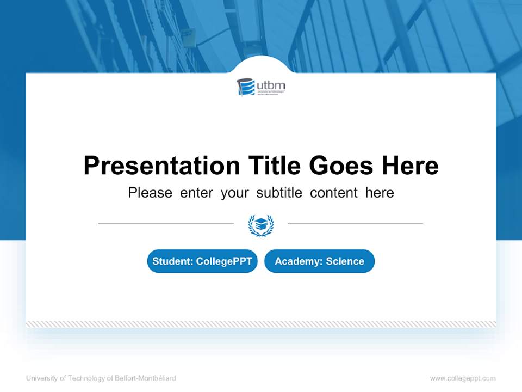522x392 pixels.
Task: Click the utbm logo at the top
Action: pyautogui.click(x=261, y=87)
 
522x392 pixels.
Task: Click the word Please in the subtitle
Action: pyautogui.click(x=150, y=193)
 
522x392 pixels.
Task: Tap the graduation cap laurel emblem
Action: pyautogui.click(x=261, y=225)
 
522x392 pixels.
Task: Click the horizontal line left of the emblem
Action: pyautogui.click(x=166, y=224)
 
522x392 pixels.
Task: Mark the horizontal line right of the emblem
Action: pyautogui.click(x=355, y=224)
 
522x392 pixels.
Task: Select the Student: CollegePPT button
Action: pyautogui.click(x=202, y=261)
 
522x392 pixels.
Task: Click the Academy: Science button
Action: pyautogui.click(x=319, y=261)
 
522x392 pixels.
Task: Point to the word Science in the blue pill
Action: pyautogui.click(x=345, y=261)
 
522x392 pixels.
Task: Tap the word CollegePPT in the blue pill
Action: pyautogui.click(x=224, y=261)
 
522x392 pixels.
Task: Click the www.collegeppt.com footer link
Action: pyautogui.click(x=463, y=378)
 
